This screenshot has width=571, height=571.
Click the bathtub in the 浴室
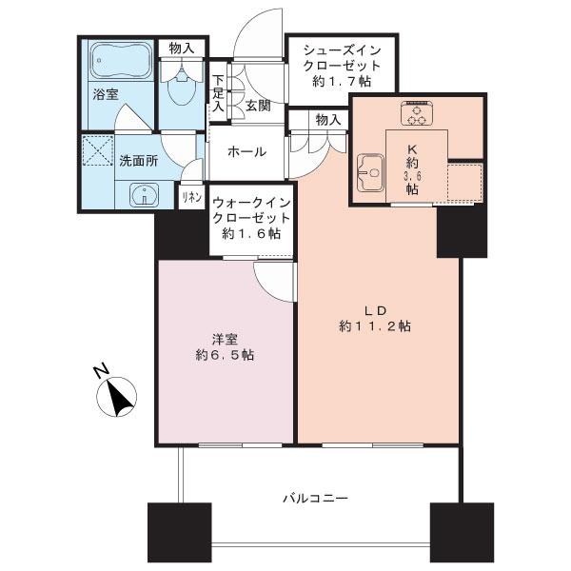pos(121,60)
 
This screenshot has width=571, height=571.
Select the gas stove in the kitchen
pos(417,112)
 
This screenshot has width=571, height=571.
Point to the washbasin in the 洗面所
pos(145,194)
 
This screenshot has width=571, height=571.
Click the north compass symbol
pos(117,397)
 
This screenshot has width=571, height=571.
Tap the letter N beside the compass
pos(101,370)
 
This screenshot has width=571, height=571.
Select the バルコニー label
pos(316,498)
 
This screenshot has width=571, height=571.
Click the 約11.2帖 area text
pos(375,325)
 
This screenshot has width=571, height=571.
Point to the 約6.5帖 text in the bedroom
pos(225,355)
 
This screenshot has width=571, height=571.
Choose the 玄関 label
pos(258,106)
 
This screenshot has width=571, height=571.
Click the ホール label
pos(246,152)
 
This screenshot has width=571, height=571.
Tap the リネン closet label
pos(192,197)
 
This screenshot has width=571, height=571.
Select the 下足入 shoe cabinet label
pos(219,93)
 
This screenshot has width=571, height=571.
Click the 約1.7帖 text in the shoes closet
pos(342,81)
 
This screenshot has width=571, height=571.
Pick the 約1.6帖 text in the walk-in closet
pos(251,233)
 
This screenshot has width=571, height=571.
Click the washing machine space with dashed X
pos(98,150)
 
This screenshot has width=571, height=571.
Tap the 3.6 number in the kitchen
pos(412,176)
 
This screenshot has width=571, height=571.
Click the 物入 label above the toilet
pos(182,49)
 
